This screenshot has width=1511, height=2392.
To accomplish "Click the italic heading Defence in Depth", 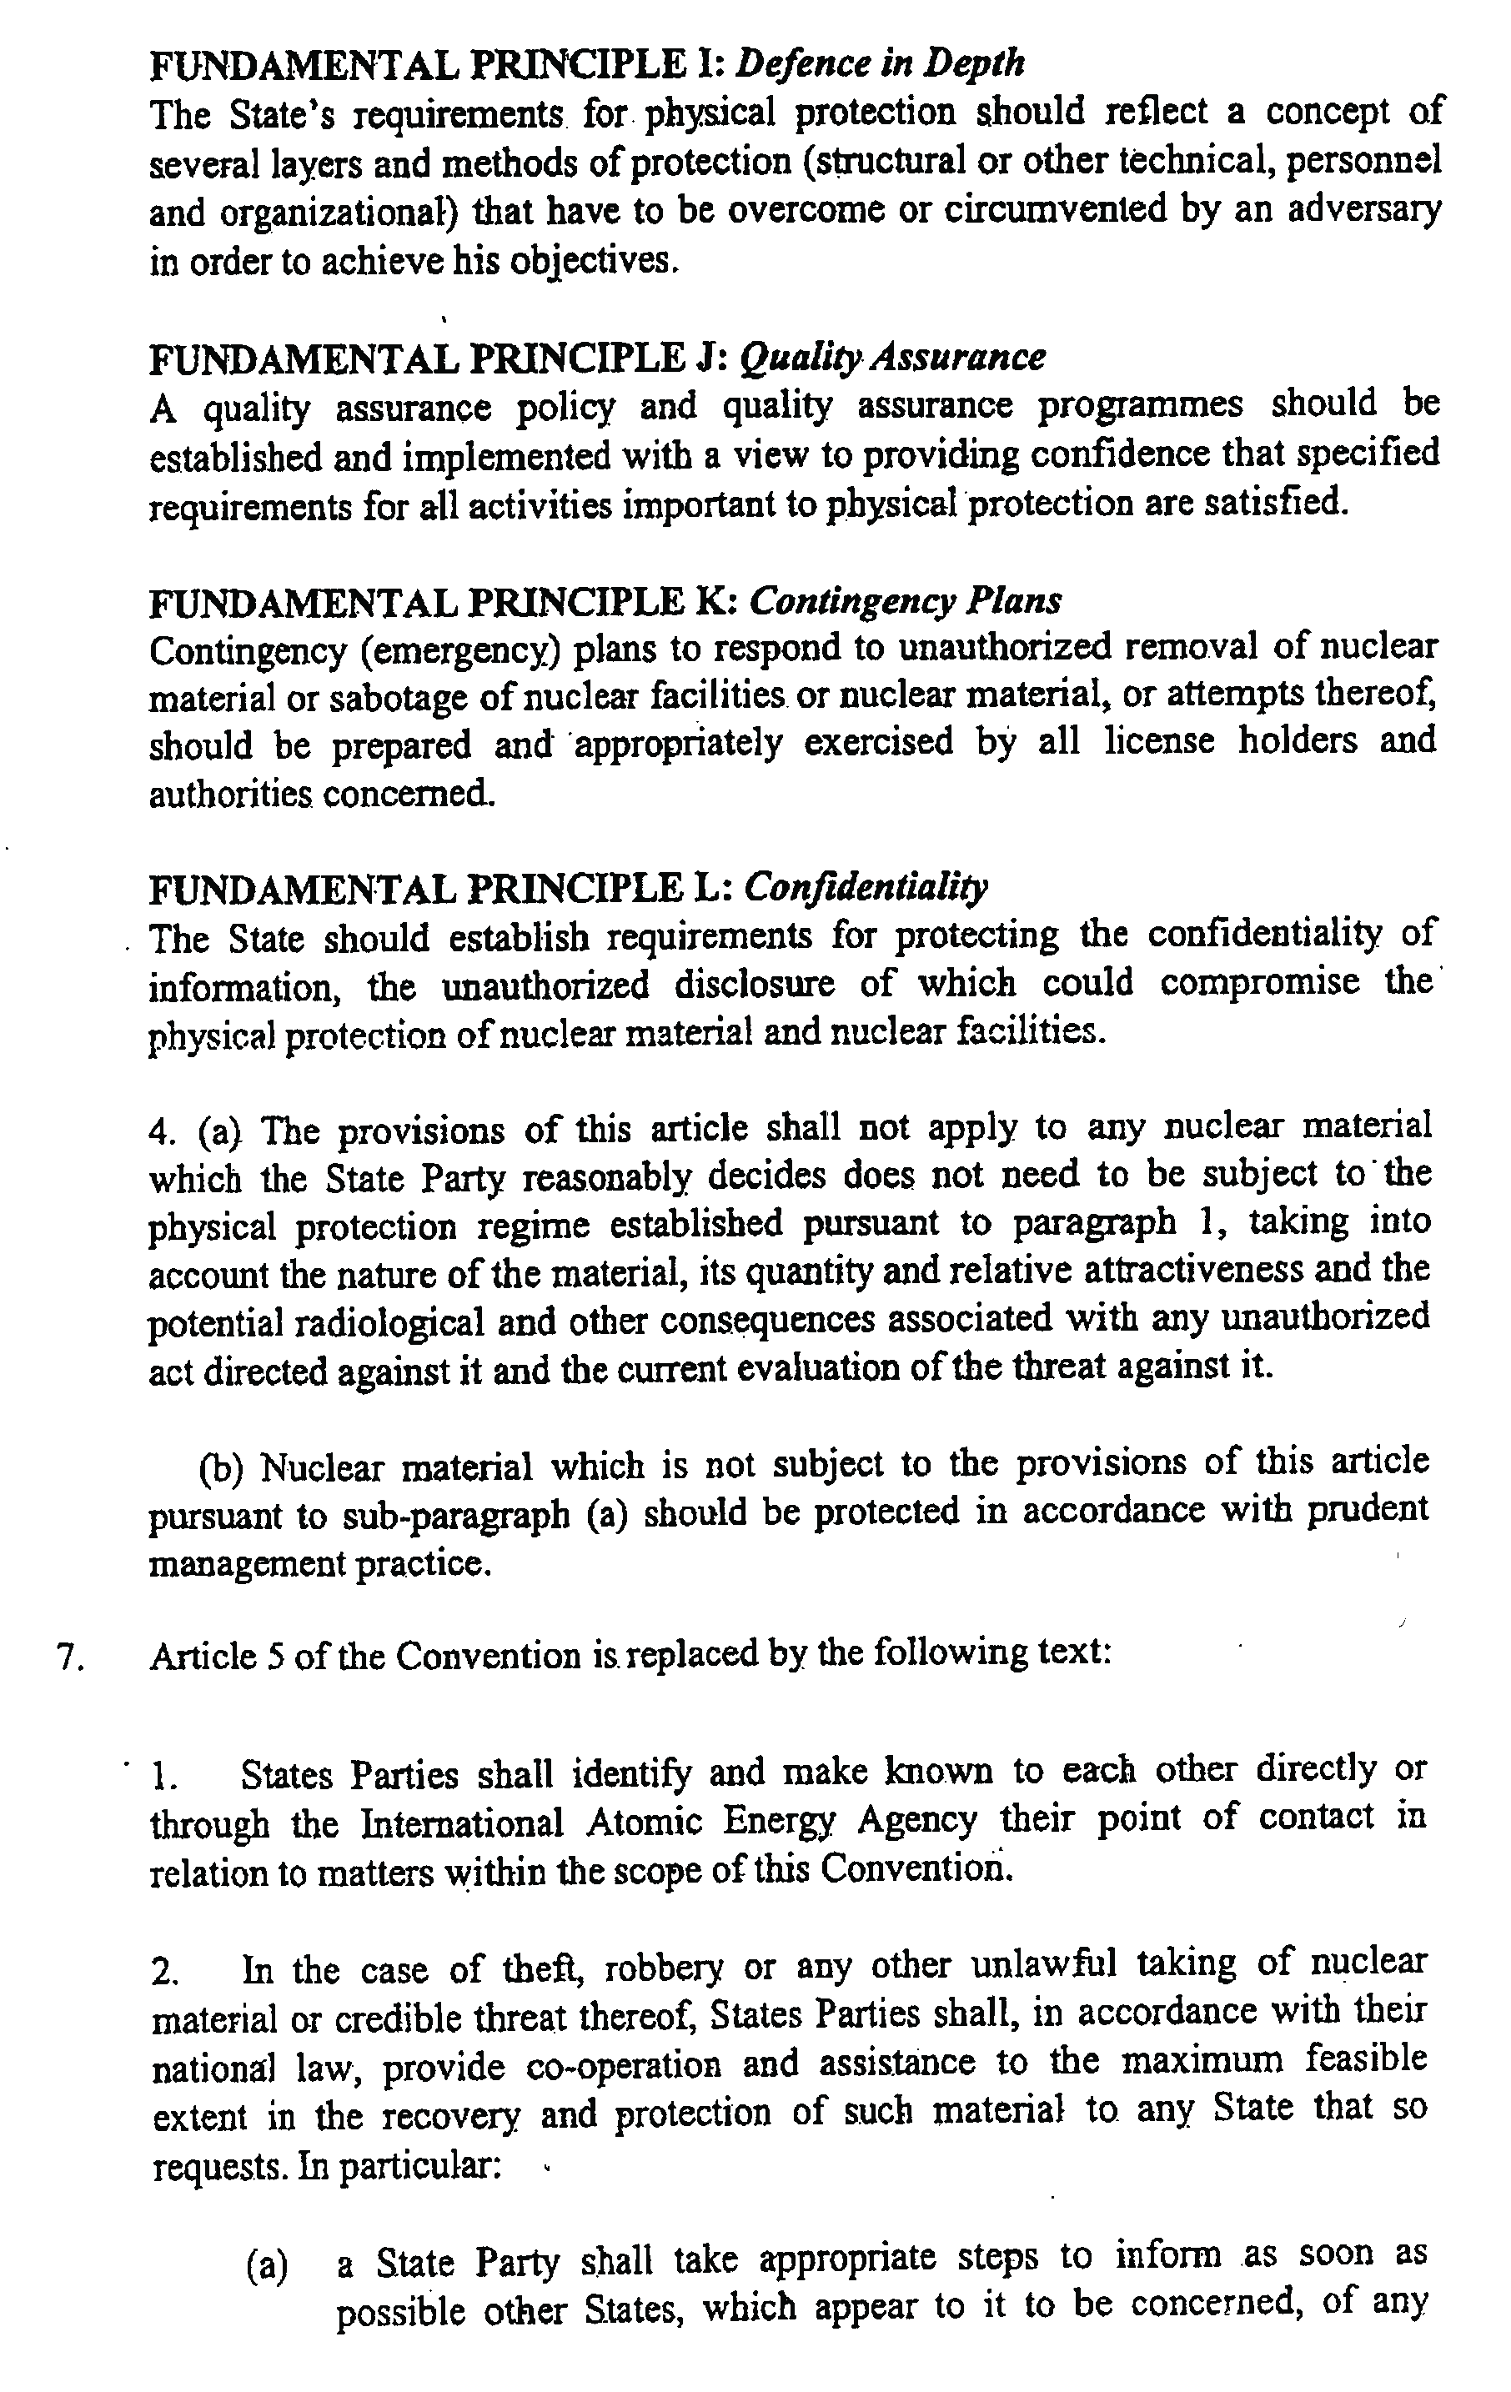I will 881,63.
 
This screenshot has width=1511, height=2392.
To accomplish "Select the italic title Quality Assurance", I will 892,357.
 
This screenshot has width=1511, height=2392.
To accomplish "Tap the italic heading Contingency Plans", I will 905,601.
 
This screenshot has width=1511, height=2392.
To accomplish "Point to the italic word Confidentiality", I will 866,886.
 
